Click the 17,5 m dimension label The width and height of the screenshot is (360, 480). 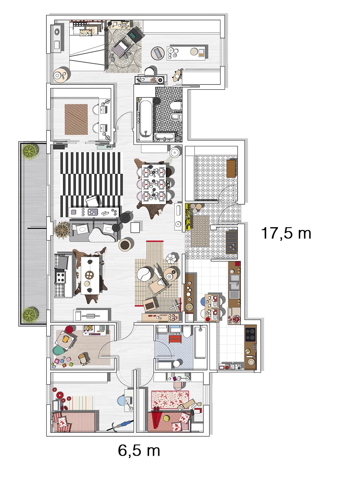coord(286,233)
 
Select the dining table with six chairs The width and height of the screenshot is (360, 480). coord(154,184)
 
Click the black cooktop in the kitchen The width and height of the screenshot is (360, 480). coord(250,334)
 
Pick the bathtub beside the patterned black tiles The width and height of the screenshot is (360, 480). coord(146,119)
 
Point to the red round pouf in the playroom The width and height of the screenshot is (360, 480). coord(69,329)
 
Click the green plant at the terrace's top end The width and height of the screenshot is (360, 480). coord(30,151)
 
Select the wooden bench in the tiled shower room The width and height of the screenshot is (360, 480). coord(231,168)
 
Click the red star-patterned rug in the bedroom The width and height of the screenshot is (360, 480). coord(170,399)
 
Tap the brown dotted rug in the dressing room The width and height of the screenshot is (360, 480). coord(76,120)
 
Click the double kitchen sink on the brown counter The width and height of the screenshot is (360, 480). coord(234,282)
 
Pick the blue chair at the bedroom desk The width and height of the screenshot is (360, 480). coord(121,401)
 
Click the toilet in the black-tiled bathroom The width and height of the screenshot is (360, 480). coord(176,105)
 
